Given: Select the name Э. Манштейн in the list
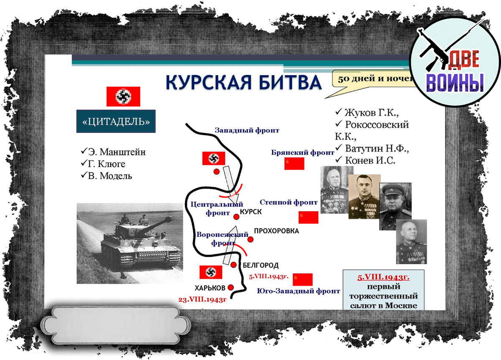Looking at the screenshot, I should pyautogui.click(x=113, y=152).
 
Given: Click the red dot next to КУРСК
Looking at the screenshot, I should pyautogui.click(x=236, y=217).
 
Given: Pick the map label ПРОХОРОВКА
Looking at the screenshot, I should pyautogui.click(x=276, y=231).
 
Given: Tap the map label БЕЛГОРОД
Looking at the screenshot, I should pyautogui.click(x=260, y=265).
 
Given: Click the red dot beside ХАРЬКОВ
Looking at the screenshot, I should pyautogui.click(x=231, y=287).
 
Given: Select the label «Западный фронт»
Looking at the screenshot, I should pyautogui.click(x=247, y=130).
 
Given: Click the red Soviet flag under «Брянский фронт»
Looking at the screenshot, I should pyautogui.click(x=294, y=163).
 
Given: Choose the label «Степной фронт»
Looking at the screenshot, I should pyautogui.click(x=288, y=202).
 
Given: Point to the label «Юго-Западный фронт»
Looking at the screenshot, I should pyautogui.click(x=299, y=291).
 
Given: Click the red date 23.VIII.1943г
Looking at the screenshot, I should pyautogui.click(x=202, y=299).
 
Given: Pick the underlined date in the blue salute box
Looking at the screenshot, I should pyautogui.click(x=383, y=277).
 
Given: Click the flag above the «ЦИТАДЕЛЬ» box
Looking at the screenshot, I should pyautogui.click(x=123, y=96).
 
